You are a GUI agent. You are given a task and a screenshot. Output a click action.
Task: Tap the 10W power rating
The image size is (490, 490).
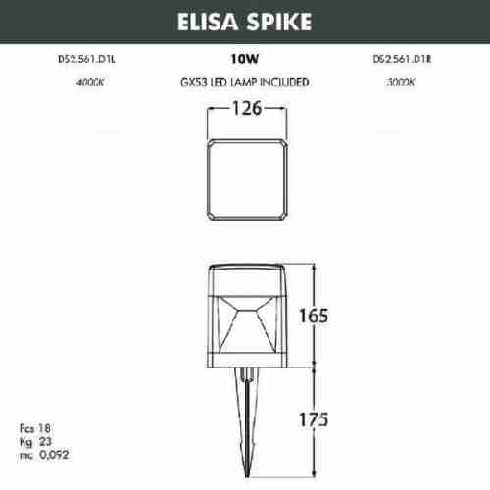pyautogui.click(x=244, y=60)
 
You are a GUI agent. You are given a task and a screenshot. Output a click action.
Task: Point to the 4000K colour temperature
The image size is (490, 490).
pyautogui.click(x=89, y=83)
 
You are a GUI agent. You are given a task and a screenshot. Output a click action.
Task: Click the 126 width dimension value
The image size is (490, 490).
pyautogui.click(x=244, y=109)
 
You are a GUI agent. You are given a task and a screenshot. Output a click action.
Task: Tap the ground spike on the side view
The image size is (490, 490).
pyautogui.click(x=244, y=421)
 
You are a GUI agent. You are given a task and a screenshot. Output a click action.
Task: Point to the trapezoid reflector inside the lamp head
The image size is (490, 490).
pyautogui.click(x=244, y=323)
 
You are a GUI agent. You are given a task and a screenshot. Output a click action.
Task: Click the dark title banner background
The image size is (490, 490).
pyautogui.click(x=78, y=20)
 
